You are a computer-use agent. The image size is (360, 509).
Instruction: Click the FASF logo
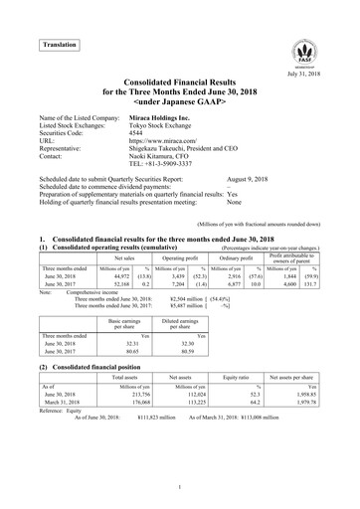[306, 52]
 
